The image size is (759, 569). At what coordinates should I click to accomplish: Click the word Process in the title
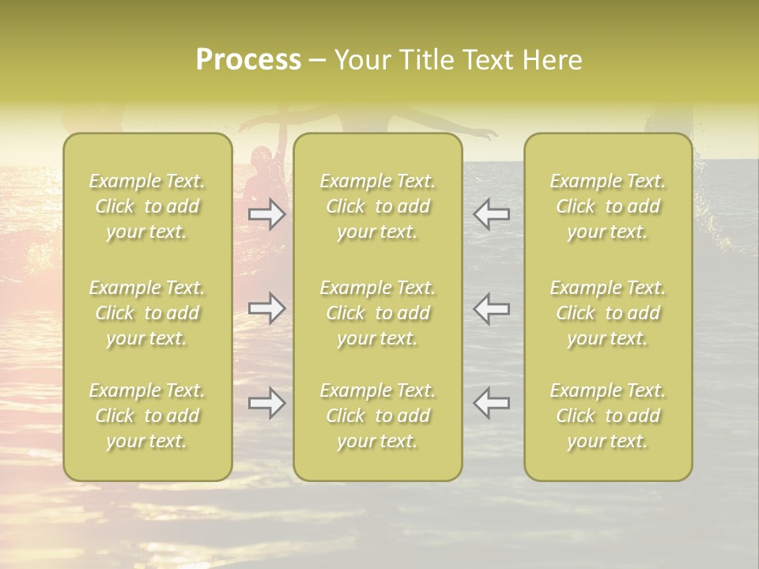[x=248, y=60]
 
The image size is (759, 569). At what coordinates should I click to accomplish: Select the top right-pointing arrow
[x=267, y=214]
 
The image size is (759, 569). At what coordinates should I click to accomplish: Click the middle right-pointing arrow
[x=267, y=308]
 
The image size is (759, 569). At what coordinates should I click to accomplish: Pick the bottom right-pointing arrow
[x=267, y=404]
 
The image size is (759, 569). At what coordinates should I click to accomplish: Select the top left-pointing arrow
[x=491, y=214]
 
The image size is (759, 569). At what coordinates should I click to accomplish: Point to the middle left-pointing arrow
[x=491, y=308]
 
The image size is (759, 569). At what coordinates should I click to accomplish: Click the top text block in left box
[x=147, y=206]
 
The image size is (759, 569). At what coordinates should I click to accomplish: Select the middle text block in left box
[x=147, y=313]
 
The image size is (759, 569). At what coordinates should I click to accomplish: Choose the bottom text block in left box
[x=147, y=416]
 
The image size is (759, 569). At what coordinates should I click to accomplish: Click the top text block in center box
[x=378, y=206]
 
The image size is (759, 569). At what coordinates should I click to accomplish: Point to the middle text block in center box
[x=378, y=313]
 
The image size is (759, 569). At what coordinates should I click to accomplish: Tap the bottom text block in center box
[x=378, y=416]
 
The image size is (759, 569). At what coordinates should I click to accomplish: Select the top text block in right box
[x=608, y=206]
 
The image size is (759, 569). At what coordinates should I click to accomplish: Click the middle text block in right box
[x=608, y=313]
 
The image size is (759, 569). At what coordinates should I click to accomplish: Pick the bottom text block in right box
[x=608, y=416]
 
